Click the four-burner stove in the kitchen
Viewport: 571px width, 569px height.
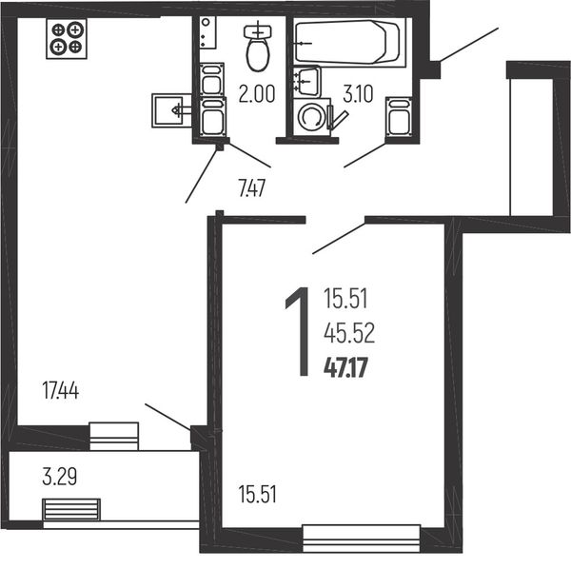click(x=67, y=39)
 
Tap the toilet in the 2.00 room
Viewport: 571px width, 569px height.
click(x=258, y=48)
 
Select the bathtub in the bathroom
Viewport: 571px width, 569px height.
click(x=349, y=44)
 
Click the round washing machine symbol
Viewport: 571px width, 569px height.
click(x=310, y=117)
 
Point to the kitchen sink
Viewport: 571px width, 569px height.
click(x=171, y=110)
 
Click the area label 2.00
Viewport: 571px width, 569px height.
click(x=257, y=94)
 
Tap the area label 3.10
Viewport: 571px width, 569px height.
click(x=358, y=94)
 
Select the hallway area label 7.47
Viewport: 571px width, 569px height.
click(x=252, y=188)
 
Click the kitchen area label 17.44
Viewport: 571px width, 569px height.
click(x=61, y=390)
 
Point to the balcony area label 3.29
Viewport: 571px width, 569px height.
click(x=60, y=477)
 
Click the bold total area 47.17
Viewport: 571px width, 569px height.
click(x=346, y=367)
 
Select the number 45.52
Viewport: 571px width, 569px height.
click(x=349, y=333)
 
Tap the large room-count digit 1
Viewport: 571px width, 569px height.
click(x=299, y=332)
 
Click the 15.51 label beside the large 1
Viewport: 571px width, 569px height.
click(x=345, y=299)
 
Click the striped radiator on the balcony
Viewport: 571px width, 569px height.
click(x=71, y=510)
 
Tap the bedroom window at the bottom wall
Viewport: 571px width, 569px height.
click(x=362, y=539)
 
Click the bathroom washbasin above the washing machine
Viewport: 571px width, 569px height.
click(x=307, y=81)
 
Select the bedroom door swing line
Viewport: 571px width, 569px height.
click(x=339, y=239)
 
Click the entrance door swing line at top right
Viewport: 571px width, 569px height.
click(x=469, y=45)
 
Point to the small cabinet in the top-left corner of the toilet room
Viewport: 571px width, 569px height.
click(x=207, y=32)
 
